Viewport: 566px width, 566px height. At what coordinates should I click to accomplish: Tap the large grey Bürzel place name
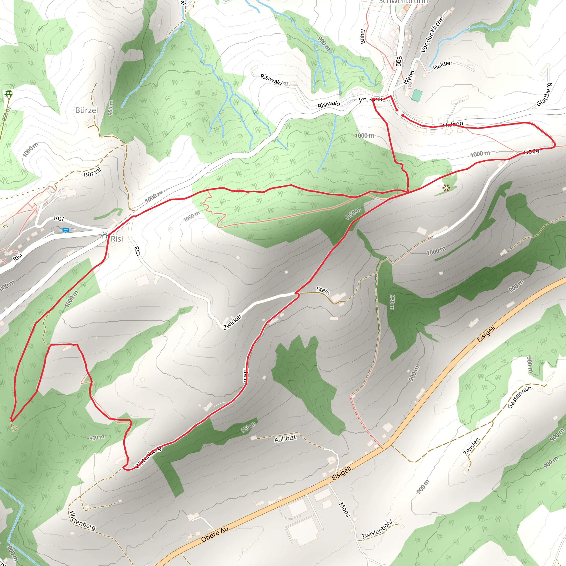click(87, 110)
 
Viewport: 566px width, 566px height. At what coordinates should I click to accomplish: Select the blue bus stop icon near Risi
click(66, 230)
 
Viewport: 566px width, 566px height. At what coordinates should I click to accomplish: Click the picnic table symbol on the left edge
click(9, 94)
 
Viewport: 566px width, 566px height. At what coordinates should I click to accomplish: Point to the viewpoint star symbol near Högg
click(446, 188)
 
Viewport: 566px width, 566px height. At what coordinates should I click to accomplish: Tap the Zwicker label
click(232, 322)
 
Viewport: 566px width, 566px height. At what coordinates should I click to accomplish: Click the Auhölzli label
click(286, 439)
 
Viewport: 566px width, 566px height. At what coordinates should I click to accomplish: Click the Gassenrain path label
click(519, 397)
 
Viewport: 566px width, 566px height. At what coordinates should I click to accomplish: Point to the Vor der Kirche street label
click(432, 35)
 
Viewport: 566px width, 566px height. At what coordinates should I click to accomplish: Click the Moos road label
click(345, 510)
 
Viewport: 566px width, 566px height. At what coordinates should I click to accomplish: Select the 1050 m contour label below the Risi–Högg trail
click(353, 214)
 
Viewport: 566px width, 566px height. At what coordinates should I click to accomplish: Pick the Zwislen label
click(472, 447)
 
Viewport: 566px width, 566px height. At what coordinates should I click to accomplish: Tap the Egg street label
click(399, 62)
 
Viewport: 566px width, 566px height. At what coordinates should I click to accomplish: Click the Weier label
click(408, 77)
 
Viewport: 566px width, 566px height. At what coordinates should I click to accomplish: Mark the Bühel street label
click(363, 36)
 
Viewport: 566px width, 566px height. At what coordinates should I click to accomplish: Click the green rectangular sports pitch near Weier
click(417, 96)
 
